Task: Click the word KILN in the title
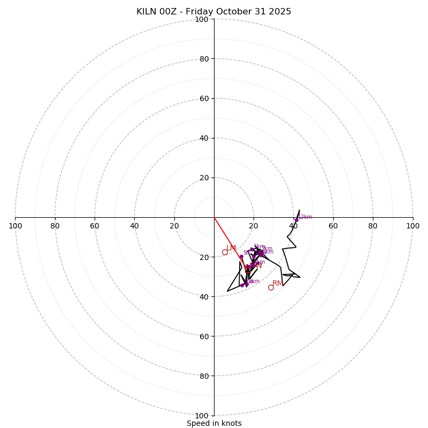click(x=147, y=12)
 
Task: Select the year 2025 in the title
click(x=280, y=12)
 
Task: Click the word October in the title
click(x=233, y=12)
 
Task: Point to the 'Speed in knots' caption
click(x=214, y=423)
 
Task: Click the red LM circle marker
click(x=225, y=252)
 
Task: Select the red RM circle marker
click(x=271, y=287)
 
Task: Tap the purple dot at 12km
click(x=296, y=220)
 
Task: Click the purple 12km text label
click(x=305, y=217)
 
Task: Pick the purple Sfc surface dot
click(x=241, y=257)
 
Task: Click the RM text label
click(x=278, y=283)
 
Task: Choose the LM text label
click(x=231, y=248)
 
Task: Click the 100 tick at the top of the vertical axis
click(x=202, y=19)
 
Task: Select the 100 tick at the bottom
click(x=202, y=416)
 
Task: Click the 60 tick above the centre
click(x=204, y=98)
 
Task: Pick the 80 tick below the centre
click(x=204, y=376)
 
